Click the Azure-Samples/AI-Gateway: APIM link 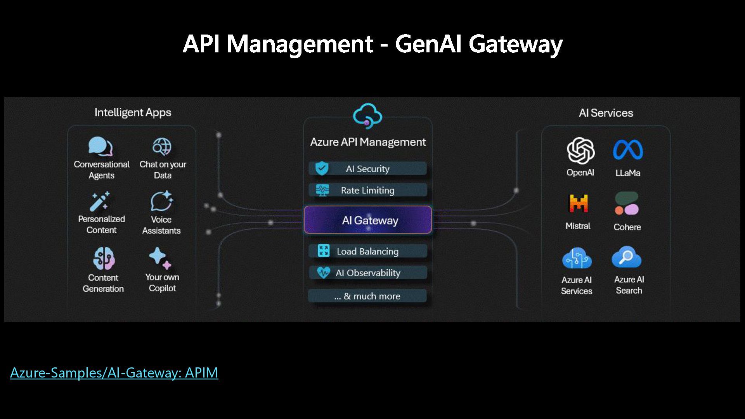[114, 373]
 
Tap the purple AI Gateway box [368, 220]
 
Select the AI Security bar [368, 169]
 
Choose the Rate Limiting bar [368, 190]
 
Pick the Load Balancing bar [368, 251]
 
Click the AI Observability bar [368, 273]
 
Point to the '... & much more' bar [367, 296]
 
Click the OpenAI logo [580, 151]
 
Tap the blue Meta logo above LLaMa [628, 150]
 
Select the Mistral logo [578, 203]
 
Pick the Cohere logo [627, 204]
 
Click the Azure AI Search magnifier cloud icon [627, 257]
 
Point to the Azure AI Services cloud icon [577, 258]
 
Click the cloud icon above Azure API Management [367, 116]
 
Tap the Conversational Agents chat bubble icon [100, 147]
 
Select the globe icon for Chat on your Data [162, 147]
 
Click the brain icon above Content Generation [104, 258]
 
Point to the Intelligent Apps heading [133, 113]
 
